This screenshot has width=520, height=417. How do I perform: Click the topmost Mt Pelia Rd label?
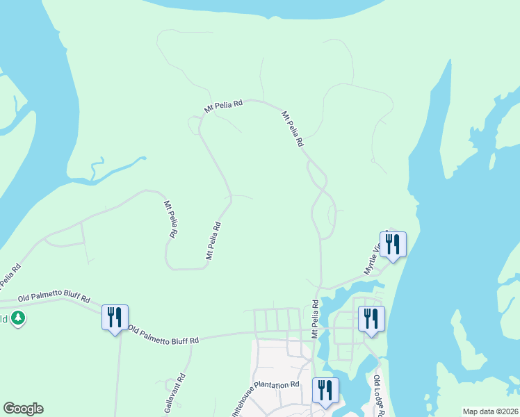[223, 106]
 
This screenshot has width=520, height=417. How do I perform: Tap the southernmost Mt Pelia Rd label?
[315, 319]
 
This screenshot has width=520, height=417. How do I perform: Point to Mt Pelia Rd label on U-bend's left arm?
[168, 220]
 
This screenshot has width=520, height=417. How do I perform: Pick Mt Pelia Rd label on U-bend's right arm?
[213, 240]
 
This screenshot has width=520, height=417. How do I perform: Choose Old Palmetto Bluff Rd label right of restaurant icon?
[164, 335]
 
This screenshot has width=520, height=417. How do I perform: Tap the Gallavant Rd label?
[177, 393]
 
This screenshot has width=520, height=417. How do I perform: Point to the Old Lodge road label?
[378, 393]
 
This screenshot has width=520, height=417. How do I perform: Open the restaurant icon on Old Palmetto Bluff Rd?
[115, 318]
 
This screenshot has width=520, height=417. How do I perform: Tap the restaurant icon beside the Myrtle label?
[393, 245]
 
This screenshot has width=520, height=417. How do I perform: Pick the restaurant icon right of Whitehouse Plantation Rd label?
[325, 391]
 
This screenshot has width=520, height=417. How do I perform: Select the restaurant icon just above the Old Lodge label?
[371, 319]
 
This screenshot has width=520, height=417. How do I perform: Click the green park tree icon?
[18, 318]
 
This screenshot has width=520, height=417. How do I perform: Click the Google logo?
[23, 408]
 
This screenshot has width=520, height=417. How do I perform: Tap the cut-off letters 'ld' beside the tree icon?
[4, 319]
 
